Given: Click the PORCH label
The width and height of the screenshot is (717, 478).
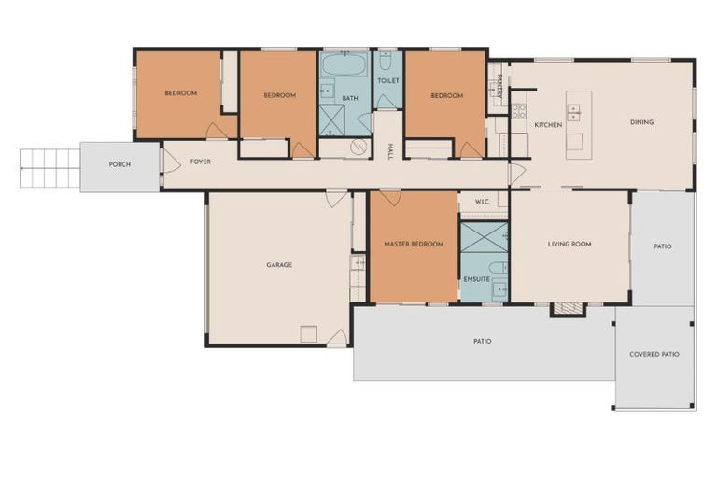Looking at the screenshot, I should tap(119, 165).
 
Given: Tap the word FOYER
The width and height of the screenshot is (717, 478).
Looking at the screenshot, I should tap(200, 162).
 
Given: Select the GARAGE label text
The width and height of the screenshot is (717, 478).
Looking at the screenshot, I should tap(279, 265).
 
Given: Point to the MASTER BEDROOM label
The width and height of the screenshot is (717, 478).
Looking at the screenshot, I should tap(414, 245).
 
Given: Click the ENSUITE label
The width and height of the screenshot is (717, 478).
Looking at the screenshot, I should tap(476, 279).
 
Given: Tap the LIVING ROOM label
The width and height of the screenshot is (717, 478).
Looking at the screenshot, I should tap(569, 245).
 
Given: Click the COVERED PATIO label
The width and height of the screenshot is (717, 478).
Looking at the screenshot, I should tap(654, 355).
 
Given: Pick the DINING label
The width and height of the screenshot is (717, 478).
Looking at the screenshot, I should tap(641, 122).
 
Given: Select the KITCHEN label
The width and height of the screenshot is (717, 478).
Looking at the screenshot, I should tap(548, 124).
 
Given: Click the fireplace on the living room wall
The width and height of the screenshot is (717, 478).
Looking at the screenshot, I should tap(567, 308).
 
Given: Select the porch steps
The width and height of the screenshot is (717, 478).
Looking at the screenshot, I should tap(49, 168).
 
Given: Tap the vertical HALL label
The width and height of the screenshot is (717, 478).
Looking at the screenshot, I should tap(389, 149).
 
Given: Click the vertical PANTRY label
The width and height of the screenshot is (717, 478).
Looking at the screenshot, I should tap(499, 86).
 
